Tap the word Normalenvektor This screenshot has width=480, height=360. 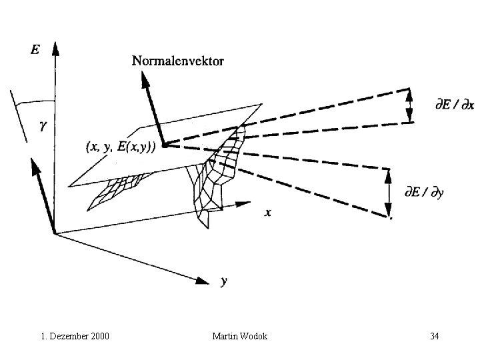[x=178, y=61]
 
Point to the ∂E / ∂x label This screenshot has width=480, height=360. [x=451, y=105]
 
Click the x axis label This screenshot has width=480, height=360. [x=268, y=213]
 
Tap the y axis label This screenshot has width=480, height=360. [x=224, y=281]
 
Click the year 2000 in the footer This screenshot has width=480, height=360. [x=98, y=336]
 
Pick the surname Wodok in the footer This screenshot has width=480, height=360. [x=254, y=336]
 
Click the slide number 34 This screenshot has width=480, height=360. [x=434, y=336]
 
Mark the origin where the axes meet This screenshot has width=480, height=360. [x=55, y=232]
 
